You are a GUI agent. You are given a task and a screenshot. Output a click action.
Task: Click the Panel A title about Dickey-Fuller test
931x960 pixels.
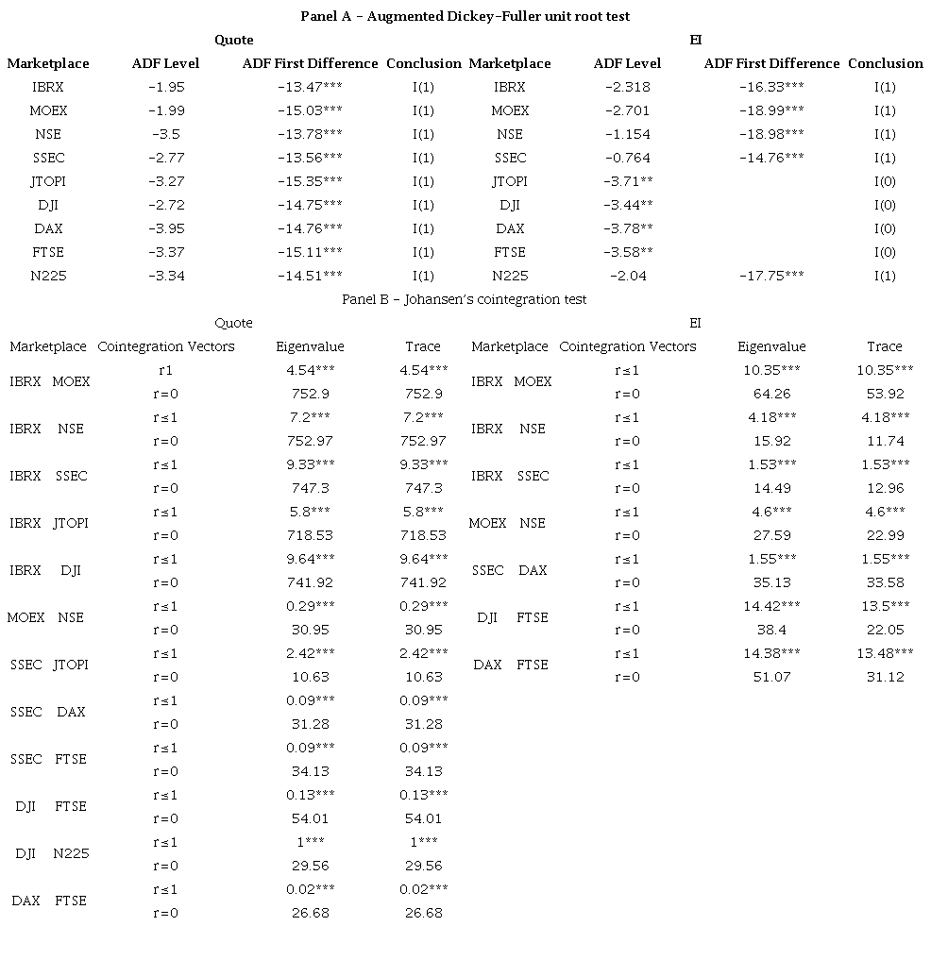click(465, 16)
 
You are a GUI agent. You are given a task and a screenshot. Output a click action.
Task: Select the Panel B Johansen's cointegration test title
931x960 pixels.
click(464, 299)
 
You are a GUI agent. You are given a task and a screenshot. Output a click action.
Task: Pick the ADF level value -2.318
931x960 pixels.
click(627, 87)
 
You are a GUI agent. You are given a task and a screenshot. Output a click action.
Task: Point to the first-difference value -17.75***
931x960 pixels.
click(771, 276)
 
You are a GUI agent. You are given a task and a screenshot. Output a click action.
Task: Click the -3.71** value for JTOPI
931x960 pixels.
click(627, 181)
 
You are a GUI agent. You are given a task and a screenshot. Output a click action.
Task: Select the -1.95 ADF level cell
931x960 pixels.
click(166, 87)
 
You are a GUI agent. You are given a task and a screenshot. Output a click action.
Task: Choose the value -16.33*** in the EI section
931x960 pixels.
click(771, 87)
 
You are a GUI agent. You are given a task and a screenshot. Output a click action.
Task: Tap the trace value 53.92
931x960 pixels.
click(885, 394)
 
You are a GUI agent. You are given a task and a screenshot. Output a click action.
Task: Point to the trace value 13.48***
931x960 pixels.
click(885, 653)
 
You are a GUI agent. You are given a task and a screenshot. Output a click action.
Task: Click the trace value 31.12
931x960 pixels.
click(885, 677)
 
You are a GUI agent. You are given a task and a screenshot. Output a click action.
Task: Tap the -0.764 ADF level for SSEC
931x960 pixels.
click(627, 158)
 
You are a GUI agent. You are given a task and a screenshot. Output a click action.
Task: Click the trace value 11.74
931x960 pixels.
click(885, 441)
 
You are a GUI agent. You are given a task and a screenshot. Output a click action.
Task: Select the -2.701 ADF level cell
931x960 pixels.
click(627, 110)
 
